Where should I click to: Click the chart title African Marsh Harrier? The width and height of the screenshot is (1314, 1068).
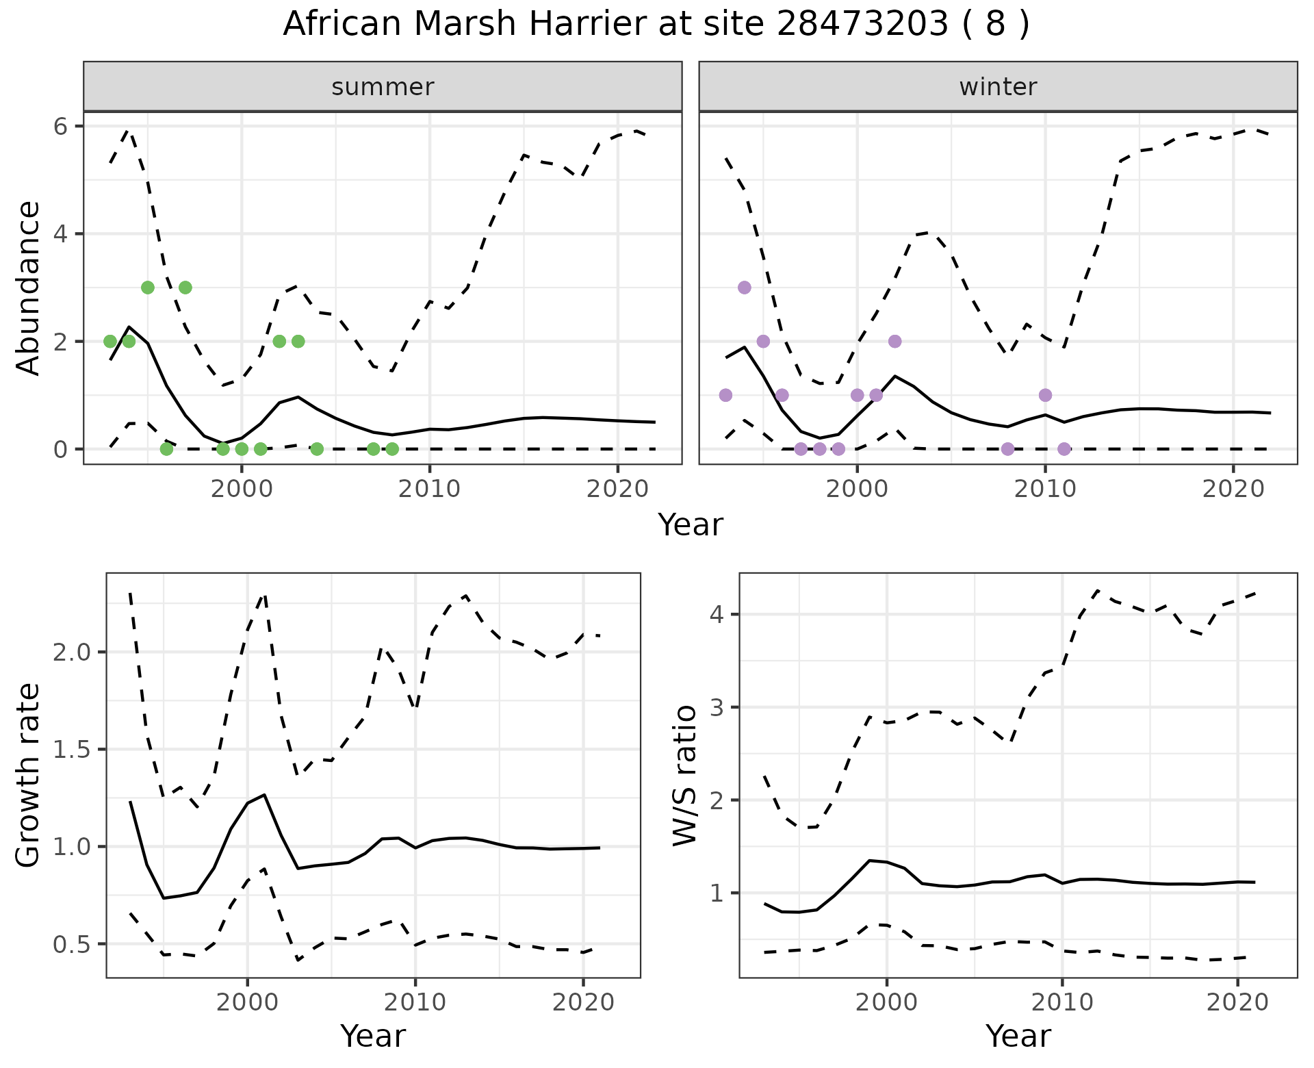click(656, 25)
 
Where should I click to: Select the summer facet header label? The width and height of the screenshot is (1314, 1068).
click(383, 87)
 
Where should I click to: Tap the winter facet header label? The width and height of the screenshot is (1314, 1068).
click(998, 87)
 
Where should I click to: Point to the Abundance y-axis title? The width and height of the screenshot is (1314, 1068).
click(29, 288)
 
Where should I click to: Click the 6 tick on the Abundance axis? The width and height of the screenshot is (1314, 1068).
click(60, 127)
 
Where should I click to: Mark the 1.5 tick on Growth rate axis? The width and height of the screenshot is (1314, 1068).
click(71, 750)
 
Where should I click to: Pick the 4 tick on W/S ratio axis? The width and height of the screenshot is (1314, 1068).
click(717, 614)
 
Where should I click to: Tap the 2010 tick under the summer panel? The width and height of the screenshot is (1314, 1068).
click(429, 489)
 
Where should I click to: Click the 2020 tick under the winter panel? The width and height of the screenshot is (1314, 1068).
click(1233, 489)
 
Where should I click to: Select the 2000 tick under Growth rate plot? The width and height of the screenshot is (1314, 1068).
click(247, 1002)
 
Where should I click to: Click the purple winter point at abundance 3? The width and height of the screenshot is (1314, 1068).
click(745, 288)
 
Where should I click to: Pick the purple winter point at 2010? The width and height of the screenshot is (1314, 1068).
click(1045, 395)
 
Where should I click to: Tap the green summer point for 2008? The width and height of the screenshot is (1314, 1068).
click(392, 449)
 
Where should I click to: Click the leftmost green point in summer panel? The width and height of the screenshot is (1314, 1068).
click(110, 341)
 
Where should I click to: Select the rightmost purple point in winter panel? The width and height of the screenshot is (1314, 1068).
click(1064, 449)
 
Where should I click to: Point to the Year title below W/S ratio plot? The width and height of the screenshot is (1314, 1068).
click(1018, 1036)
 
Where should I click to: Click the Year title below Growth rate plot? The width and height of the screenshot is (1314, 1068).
click(373, 1036)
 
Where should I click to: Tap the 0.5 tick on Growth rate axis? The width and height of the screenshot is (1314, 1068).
click(71, 944)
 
